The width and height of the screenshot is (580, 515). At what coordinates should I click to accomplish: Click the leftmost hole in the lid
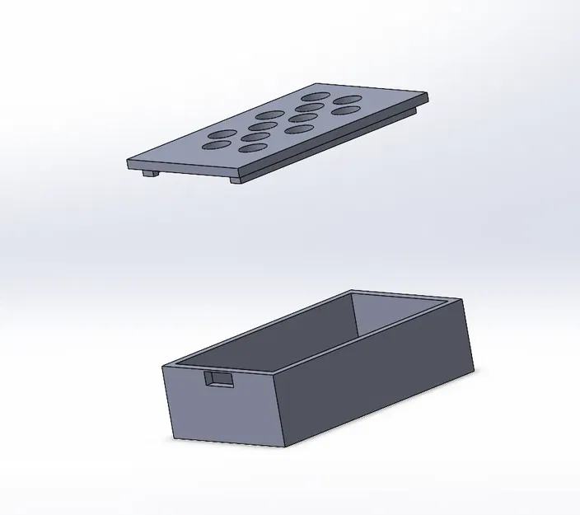(217, 146)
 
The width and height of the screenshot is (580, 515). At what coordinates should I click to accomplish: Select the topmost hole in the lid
(317, 98)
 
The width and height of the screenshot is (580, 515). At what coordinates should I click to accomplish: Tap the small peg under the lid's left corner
(149, 173)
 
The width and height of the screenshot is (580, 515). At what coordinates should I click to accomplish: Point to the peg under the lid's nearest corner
(236, 179)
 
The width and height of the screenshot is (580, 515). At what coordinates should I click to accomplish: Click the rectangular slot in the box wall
(218, 379)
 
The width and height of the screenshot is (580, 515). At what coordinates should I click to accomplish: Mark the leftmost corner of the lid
(129, 162)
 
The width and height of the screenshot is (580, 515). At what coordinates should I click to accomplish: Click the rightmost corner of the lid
(429, 96)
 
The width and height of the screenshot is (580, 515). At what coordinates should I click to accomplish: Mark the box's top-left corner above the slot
(165, 364)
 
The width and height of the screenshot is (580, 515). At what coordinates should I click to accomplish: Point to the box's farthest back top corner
(352, 290)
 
